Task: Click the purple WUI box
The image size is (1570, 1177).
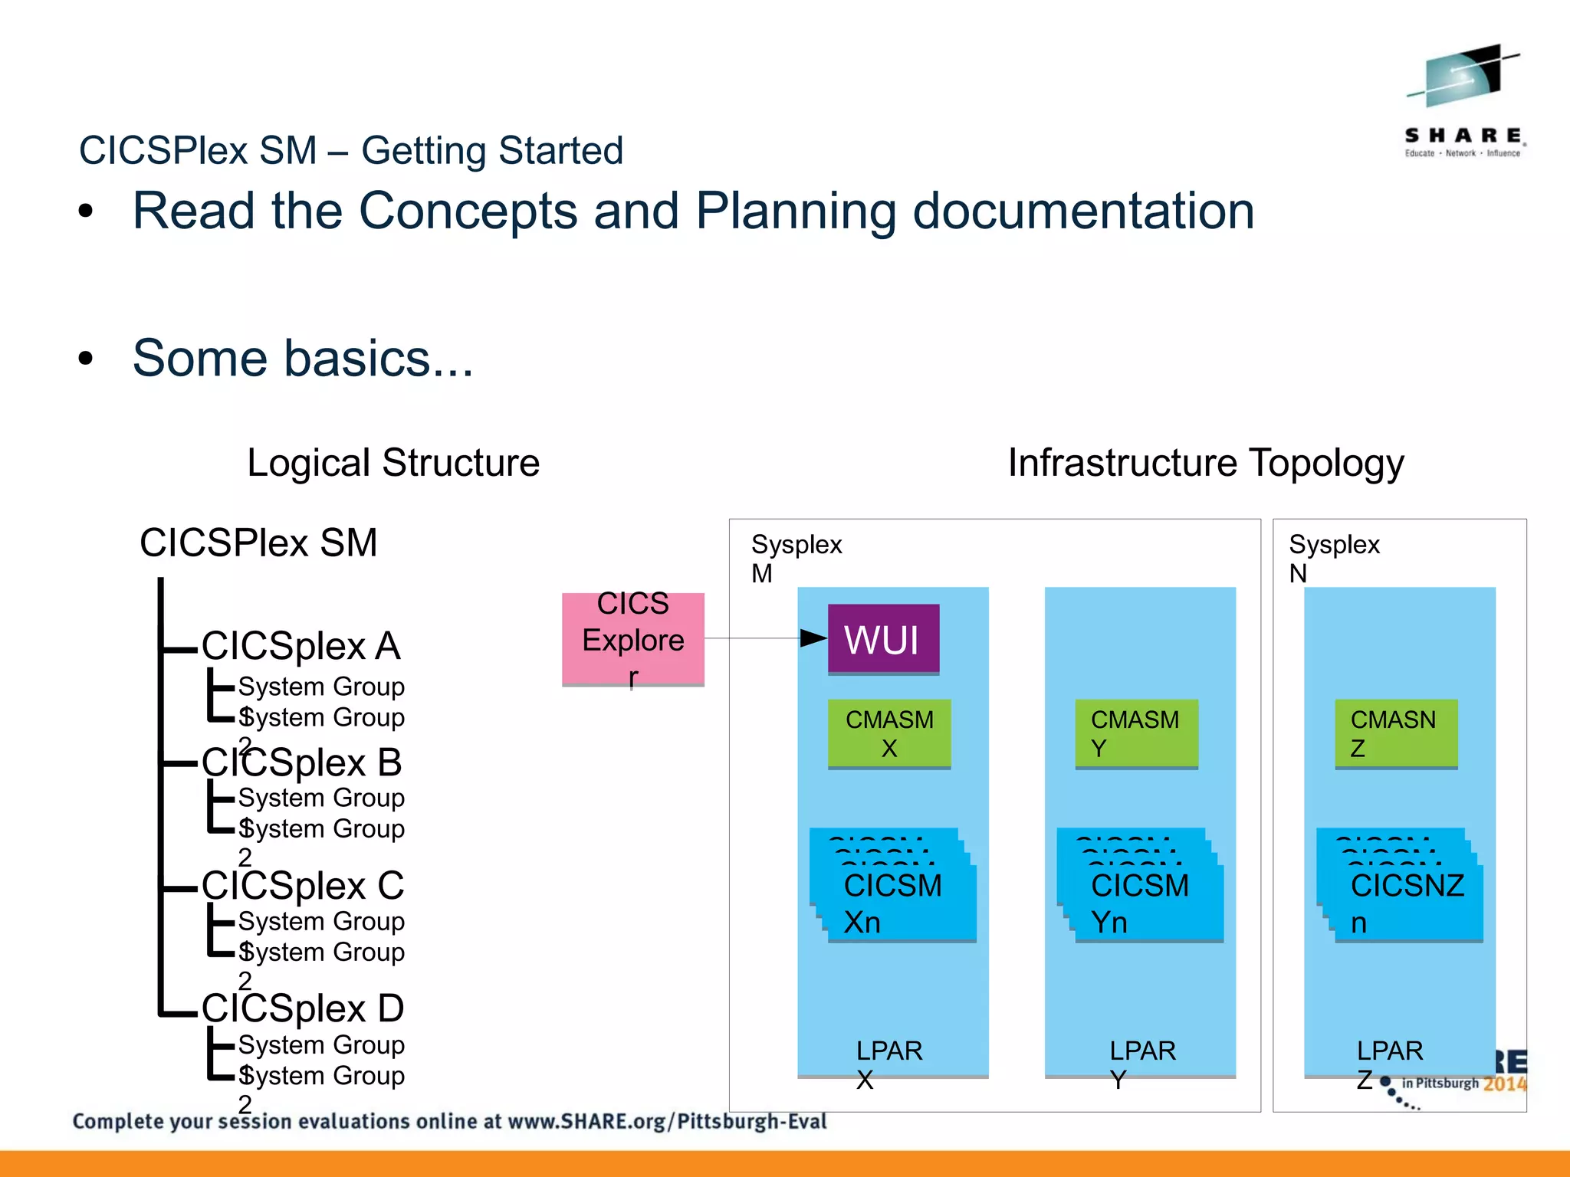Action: coord(883,638)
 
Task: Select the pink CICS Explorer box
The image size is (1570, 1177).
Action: coord(632,639)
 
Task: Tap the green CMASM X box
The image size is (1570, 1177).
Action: coord(889,733)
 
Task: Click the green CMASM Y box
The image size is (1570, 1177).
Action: coord(1135,733)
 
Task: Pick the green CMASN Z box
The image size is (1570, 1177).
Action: coord(1395,733)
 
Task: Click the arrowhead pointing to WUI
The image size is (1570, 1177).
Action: coord(813,638)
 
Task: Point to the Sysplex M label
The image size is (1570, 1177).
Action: coord(796,558)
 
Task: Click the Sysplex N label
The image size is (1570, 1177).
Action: coord(1333,558)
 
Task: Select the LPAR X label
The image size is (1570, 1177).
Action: coord(888,1064)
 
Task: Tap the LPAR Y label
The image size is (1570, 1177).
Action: coord(1142,1064)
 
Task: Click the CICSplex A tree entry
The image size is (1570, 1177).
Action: coord(301,645)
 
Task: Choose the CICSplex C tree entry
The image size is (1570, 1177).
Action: coord(303,885)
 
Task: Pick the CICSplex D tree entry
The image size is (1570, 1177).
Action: coord(303,1008)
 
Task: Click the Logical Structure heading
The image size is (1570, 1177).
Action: coord(393,463)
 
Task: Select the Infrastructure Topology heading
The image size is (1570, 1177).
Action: coord(1205,463)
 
